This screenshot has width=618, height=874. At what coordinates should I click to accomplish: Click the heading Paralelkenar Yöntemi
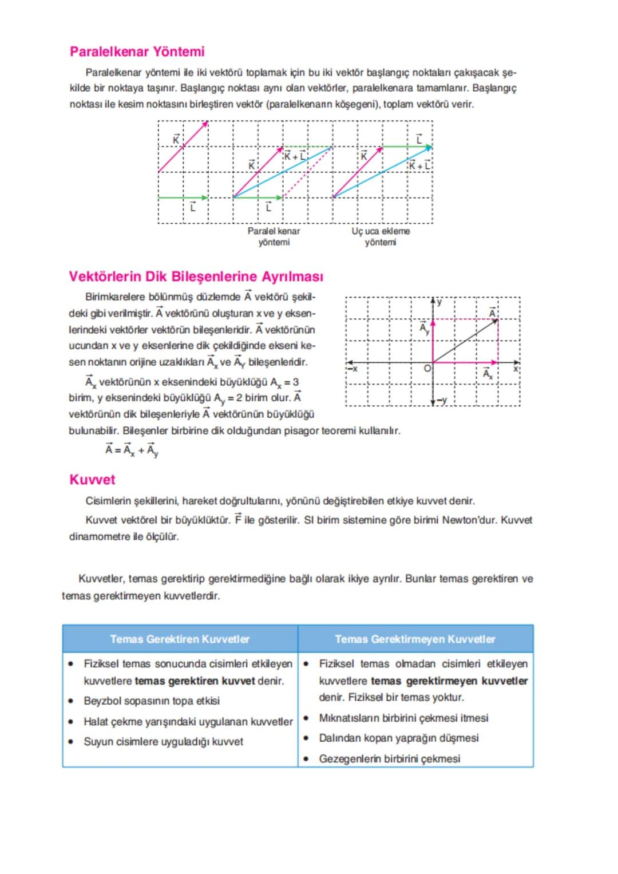137,52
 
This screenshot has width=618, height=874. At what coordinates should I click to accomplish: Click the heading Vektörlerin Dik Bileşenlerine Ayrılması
196,276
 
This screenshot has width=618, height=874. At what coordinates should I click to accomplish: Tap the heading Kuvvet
92,480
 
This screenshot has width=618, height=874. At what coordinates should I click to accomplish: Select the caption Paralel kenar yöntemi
274,236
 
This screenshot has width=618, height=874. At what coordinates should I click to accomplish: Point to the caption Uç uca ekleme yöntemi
381,236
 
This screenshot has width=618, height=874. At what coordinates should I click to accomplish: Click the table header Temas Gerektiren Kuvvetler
180,639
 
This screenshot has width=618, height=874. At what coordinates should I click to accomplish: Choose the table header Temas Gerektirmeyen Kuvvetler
415,639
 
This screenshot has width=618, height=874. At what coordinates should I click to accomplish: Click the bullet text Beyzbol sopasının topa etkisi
152,701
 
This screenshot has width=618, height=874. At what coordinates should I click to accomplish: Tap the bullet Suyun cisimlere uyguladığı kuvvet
163,742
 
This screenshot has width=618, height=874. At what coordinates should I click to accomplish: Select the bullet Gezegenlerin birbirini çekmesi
389,758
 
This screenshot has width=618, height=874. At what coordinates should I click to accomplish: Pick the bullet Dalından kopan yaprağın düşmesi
398,738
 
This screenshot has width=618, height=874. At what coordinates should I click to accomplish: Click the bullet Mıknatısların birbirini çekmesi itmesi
403,718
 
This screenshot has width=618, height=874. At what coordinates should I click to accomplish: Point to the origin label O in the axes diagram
427,369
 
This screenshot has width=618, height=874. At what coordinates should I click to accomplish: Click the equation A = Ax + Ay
132,450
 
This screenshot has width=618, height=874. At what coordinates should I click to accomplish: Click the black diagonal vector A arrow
465,341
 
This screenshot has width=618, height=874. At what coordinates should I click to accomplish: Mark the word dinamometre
100,537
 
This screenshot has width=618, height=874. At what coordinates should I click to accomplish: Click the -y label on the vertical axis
442,400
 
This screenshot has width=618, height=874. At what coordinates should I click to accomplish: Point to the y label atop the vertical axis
439,302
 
